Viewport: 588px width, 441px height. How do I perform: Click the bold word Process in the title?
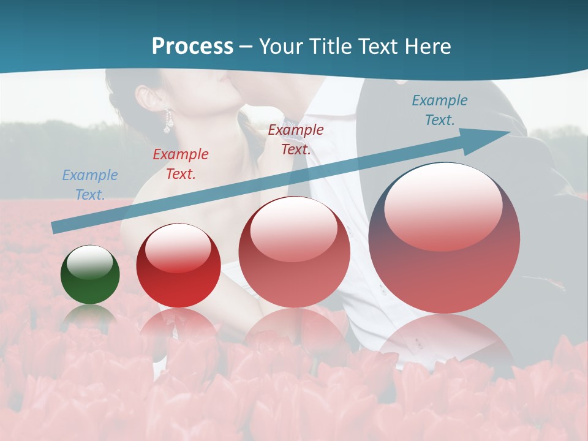[192, 46]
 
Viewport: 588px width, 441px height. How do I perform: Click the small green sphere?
[90, 275]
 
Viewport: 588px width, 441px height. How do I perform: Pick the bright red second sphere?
[178, 266]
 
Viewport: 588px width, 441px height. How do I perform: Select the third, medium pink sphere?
[295, 252]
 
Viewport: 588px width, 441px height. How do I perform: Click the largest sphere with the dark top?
[444, 238]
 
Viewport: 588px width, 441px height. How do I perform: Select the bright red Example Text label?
[181, 164]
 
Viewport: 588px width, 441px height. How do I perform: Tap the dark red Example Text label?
[296, 140]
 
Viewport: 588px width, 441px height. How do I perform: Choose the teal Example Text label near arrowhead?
[440, 110]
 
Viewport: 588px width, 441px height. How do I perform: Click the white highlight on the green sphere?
[90, 263]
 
